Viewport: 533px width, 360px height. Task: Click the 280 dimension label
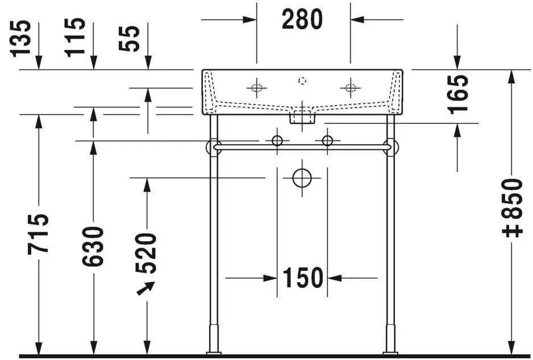click(302, 19)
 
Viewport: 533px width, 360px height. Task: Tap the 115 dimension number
click(76, 37)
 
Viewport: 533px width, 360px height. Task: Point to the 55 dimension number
click(131, 37)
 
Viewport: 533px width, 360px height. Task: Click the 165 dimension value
click(459, 94)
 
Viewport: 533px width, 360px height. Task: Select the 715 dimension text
click(39, 234)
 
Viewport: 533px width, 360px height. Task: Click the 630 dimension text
click(93, 246)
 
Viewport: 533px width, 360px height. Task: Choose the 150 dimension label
click(302, 278)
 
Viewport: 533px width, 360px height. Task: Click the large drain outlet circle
click(302, 178)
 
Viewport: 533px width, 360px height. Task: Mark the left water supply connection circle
click(277, 140)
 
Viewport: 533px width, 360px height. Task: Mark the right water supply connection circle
click(327, 140)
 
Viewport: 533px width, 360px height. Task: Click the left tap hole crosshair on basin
click(256, 87)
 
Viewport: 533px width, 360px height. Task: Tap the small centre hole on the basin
click(303, 81)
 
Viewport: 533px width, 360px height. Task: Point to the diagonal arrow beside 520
click(144, 289)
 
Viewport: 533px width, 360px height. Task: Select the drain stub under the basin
click(302, 118)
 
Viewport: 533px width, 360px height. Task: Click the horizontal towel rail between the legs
click(302, 147)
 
